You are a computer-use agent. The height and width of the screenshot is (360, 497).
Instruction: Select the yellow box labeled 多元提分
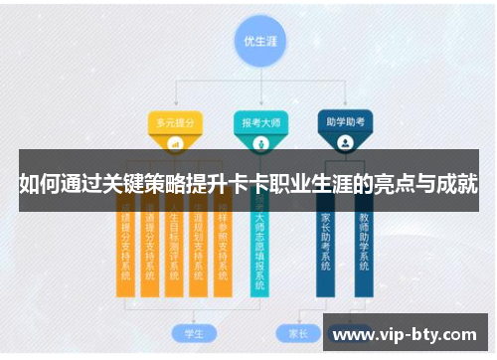[175, 122]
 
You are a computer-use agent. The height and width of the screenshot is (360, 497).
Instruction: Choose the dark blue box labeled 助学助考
[344, 122]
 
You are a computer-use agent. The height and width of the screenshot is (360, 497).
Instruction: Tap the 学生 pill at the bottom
[181, 332]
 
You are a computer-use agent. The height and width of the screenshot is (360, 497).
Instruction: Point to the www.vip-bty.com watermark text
[407, 335]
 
